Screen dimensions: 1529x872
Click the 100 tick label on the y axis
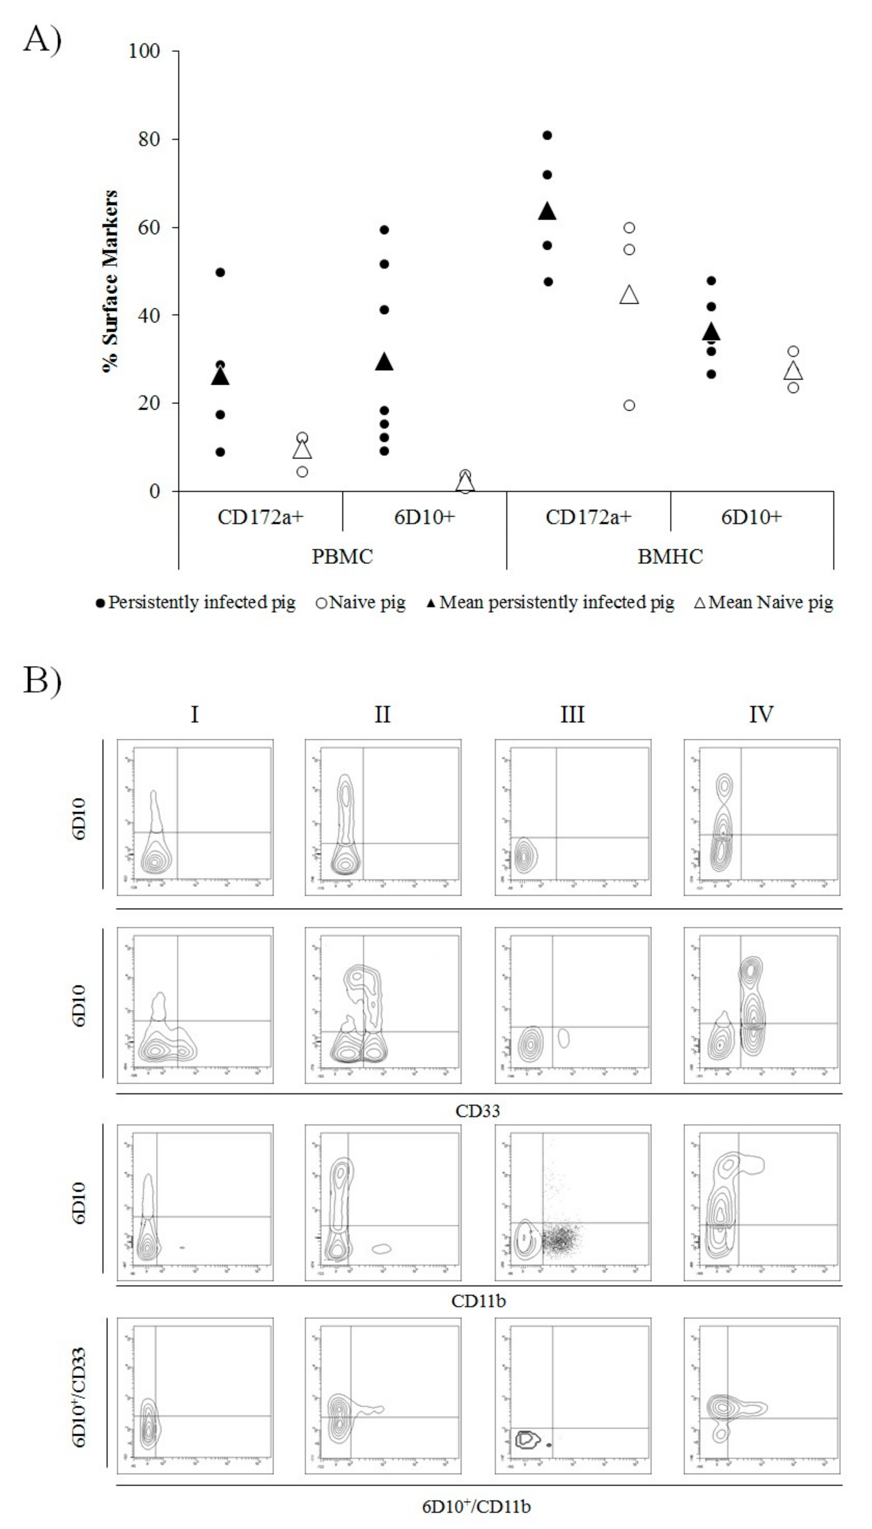tap(144, 51)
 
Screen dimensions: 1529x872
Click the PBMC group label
tap(342, 557)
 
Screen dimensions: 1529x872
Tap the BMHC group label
tap(670, 557)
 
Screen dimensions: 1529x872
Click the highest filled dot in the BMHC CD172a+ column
tap(547, 135)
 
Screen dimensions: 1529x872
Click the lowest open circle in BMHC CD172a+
tap(629, 406)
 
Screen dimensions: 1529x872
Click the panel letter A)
tap(42, 41)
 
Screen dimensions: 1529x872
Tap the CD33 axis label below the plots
tap(477, 1111)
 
